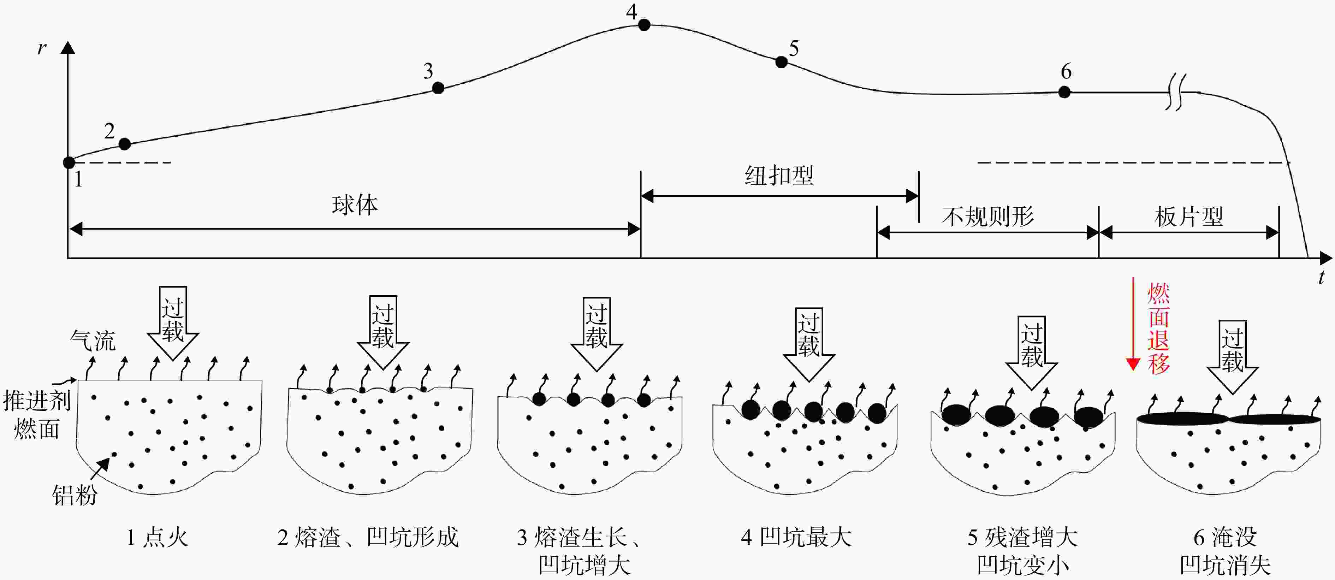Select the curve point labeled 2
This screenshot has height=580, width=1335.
click(124, 143)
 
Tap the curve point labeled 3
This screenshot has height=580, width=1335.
click(438, 88)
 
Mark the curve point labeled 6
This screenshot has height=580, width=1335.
click(1064, 92)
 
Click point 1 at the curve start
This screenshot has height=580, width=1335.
click(69, 162)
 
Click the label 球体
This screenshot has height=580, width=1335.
click(355, 205)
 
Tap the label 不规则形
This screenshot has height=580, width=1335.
click(988, 217)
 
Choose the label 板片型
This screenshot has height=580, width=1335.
click(1189, 217)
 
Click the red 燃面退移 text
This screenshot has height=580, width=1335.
click(1159, 328)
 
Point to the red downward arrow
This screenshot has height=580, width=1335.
click(1133, 324)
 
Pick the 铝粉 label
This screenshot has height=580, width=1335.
click(75, 495)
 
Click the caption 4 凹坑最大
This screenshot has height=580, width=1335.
click(796, 537)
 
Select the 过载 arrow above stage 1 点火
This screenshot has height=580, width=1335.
click(173, 323)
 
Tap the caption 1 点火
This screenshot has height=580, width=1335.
click(157, 537)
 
